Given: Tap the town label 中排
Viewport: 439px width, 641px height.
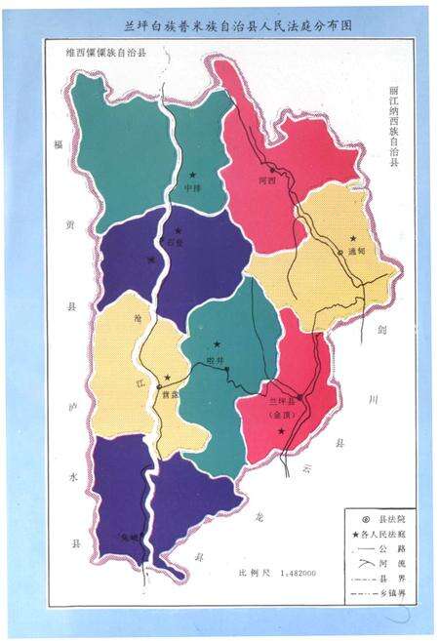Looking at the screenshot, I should (x=192, y=188).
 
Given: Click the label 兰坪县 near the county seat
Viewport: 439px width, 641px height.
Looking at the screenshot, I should (x=281, y=400).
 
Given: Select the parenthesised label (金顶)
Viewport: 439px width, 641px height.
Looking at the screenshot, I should (x=282, y=414).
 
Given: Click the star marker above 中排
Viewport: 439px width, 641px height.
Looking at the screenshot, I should (x=193, y=175).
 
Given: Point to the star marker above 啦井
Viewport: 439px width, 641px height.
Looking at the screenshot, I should (x=217, y=343).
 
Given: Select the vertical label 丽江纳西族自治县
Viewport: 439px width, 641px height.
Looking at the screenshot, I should (x=394, y=138).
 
